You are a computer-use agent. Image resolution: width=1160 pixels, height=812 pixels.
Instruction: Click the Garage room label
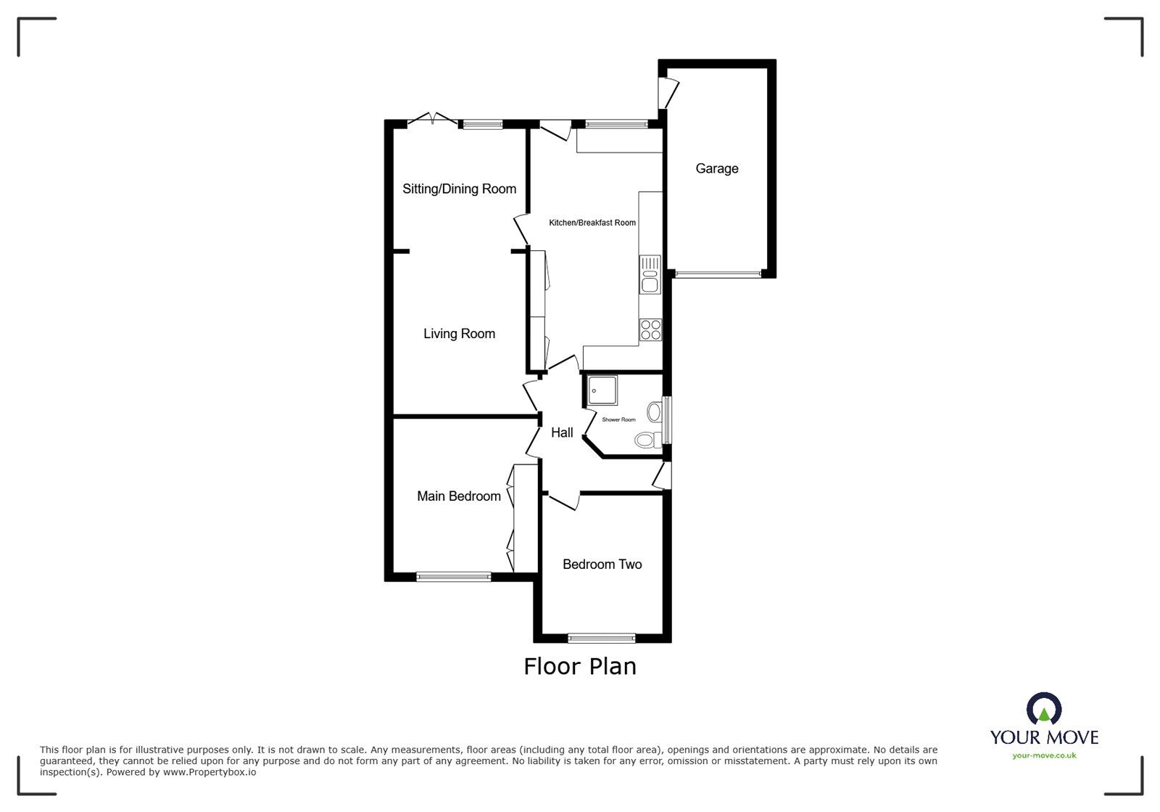pos(717,168)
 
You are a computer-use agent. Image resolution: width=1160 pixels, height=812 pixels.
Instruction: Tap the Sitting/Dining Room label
pos(460,189)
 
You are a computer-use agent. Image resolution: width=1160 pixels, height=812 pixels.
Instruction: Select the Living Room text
pos(460,334)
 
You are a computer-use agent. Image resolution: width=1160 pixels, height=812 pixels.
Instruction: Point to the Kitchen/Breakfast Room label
pos(592,223)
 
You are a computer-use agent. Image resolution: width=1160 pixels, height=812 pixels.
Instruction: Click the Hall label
pos(562,432)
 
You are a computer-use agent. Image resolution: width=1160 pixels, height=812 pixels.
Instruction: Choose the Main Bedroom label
pos(459,496)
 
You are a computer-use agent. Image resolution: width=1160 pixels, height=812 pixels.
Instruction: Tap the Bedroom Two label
pos(602,565)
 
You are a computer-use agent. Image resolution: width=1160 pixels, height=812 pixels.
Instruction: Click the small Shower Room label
pos(619,419)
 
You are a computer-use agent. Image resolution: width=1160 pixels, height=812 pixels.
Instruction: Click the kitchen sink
pos(650,274)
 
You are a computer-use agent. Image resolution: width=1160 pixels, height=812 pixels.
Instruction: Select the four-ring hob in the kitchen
pos(651,330)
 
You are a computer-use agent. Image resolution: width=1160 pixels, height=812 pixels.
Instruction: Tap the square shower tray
pos(602,390)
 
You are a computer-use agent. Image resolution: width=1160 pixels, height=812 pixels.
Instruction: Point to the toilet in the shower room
pos(648,440)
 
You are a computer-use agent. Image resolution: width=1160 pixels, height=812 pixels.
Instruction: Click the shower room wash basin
pos(655,412)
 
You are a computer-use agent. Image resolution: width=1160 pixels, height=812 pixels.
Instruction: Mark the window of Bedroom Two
pos(602,638)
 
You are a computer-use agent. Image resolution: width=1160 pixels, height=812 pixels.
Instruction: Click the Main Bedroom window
pos(454,577)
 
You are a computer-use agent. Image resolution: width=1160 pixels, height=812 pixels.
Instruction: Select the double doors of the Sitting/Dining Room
pos(433,119)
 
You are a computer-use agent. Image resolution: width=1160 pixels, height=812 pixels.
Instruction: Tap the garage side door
pos(668,94)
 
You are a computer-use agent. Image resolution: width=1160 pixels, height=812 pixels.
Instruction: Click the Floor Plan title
pos(580,667)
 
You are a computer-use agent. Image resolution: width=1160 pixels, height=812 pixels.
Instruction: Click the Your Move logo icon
pos(1044,709)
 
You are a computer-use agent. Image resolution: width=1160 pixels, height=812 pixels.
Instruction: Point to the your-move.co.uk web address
pos(1044,755)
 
